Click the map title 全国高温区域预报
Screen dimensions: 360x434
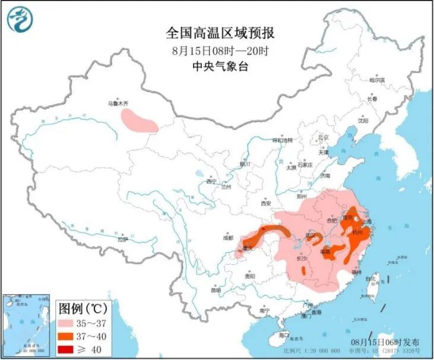pos(216,31)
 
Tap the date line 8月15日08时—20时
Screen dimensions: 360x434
pos(216,49)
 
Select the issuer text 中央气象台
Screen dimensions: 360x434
pos(216,66)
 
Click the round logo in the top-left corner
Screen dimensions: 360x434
pos(20,18)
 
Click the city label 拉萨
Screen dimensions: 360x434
pos(122,239)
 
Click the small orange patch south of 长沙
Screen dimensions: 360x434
pos(304,271)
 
